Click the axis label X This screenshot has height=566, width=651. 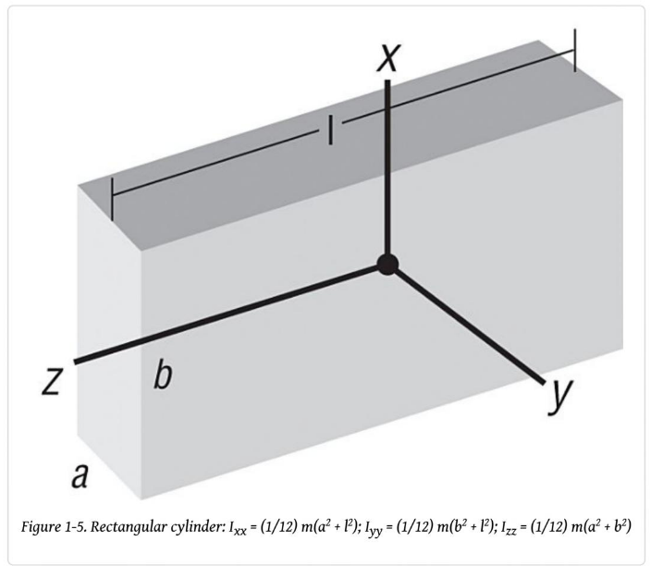(x=390, y=58)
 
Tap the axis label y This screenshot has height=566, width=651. (x=559, y=397)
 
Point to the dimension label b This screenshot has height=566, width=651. (x=162, y=375)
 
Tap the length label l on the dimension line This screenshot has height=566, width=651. (x=330, y=132)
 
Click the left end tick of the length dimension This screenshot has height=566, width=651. (x=112, y=199)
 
